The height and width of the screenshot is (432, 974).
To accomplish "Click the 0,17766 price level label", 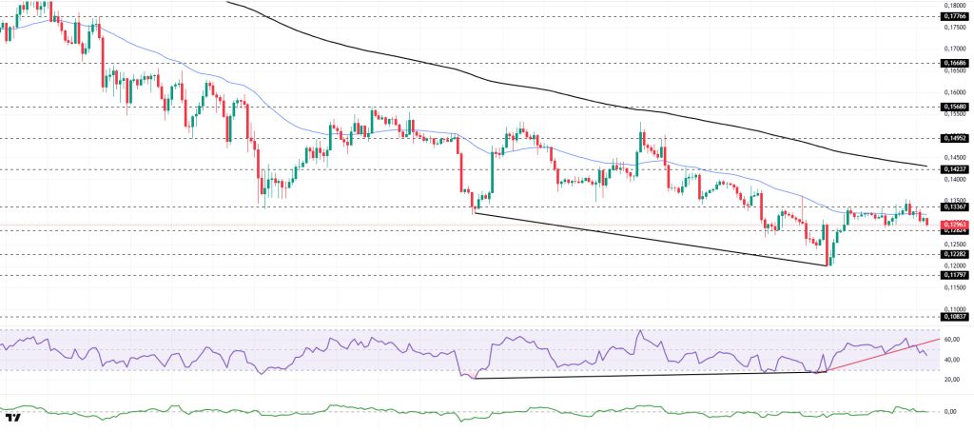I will pyautogui.click(x=954, y=16).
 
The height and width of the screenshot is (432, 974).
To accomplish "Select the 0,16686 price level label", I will pyautogui.click(x=954, y=63).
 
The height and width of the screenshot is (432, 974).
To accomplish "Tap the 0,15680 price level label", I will pyautogui.click(x=954, y=107).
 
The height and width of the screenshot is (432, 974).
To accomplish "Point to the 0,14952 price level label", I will pyautogui.click(x=954, y=138).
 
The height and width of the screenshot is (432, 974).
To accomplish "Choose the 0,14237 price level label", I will pyautogui.click(x=954, y=169).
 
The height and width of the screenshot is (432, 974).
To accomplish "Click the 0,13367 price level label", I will pyautogui.click(x=954, y=206).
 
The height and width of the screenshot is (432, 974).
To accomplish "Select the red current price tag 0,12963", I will pyautogui.click(x=954, y=225).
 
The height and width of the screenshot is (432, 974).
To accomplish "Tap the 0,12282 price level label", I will pyautogui.click(x=954, y=254).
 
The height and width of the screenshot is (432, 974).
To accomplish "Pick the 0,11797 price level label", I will pyautogui.click(x=954, y=275).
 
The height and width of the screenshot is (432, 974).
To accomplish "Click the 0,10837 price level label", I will pyautogui.click(x=954, y=317).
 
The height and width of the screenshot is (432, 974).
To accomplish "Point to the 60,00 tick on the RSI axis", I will pyautogui.click(x=951, y=340).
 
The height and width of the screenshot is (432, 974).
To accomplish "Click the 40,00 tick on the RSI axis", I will pyautogui.click(x=951, y=360).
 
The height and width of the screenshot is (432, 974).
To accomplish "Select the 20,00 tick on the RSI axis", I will pyautogui.click(x=951, y=380).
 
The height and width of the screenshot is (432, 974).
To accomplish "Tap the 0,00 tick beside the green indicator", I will pyautogui.click(x=949, y=411).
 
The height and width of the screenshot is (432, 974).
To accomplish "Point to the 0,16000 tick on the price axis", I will pyautogui.click(x=954, y=92).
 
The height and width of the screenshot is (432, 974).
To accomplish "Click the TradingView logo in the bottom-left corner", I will pyautogui.click(x=13, y=418).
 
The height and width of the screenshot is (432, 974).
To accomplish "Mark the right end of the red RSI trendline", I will pyautogui.click(x=940, y=338).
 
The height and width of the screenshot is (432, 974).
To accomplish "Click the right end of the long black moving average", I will pyautogui.click(x=927, y=166).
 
